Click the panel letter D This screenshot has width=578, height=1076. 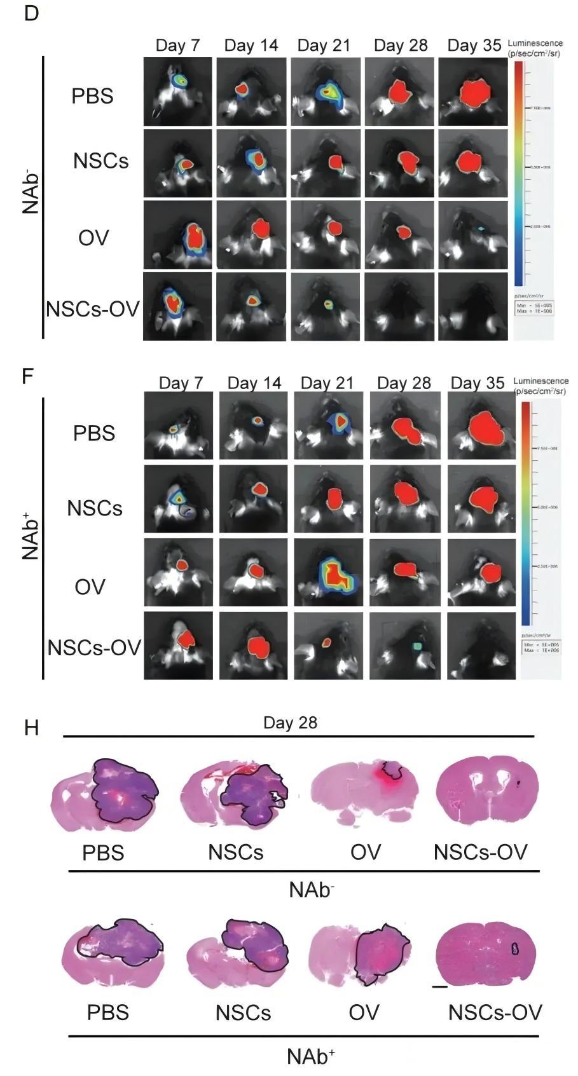click(x=31, y=14)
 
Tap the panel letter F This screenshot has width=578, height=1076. click(x=27, y=376)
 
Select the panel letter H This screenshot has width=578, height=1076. click(x=31, y=728)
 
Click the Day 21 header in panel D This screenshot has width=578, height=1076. click(x=324, y=46)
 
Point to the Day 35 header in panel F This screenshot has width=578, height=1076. click(x=478, y=383)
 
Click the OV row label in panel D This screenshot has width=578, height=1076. click(x=93, y=238)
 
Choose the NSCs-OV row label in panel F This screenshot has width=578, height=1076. click(x=94, y=648)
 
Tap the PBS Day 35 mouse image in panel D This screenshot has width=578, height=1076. click(x=472, y=92)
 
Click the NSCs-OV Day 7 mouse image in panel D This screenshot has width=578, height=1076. click(x=177, y=306)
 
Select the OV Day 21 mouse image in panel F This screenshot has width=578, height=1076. click(x=328, y=573)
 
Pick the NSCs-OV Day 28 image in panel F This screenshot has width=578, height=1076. click(x=404, y=646)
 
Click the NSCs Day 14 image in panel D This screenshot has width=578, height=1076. click(x=251, y=163)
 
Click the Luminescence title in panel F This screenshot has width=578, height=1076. click(x=540, y=381)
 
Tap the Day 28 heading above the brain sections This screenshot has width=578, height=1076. click(x=290, y=723)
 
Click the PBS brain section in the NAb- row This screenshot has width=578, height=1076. click(x=106, y=794)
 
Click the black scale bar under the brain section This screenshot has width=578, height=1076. click(x=439, y=987)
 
